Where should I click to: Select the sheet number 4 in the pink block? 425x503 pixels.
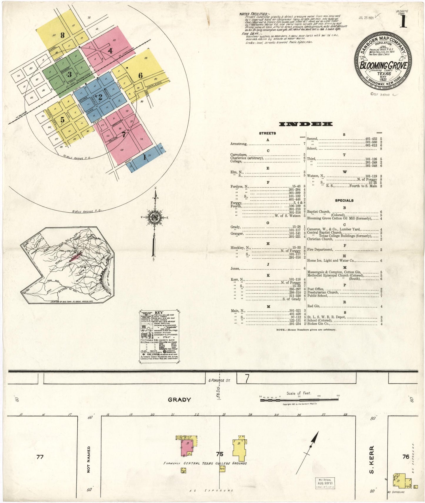click(x=110, y=51)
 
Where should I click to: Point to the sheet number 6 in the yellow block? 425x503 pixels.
click(x=141, y=76)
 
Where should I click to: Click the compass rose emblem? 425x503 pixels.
click(x=154, y=218)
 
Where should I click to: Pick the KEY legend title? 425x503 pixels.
click(x=159, y=312)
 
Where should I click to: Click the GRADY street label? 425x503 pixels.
click(x=179, y=400)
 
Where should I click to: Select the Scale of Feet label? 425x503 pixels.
click(x=299, y=393)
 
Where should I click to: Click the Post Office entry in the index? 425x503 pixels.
click(x=315, y=289)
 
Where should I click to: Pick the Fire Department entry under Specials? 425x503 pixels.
click(x=320, y=249)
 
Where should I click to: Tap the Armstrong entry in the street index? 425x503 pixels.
click(x=239, y=144)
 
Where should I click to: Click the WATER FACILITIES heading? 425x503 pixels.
click(x=254, y=14)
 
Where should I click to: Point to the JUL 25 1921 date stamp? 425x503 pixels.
click(x=366, y=18)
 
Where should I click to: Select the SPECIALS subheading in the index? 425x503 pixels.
click(x=344, y=201)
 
